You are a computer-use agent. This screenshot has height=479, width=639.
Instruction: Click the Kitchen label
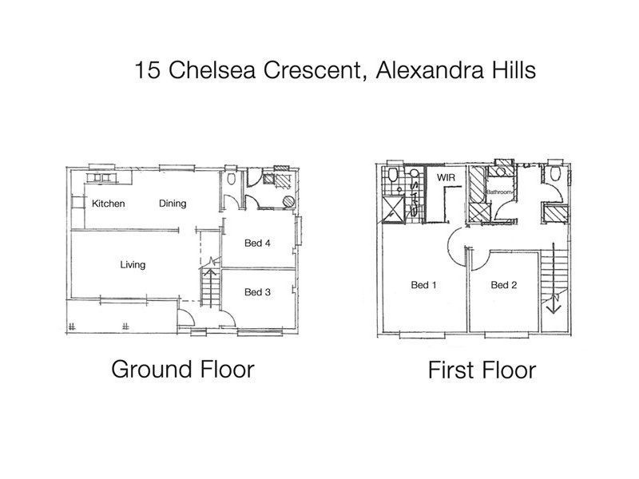[x=108, y=204]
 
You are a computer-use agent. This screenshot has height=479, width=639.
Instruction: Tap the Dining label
[x=172, y=204]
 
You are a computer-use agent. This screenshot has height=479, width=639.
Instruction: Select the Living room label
[x=133, y=265]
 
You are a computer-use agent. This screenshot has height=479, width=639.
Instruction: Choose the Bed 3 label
[x=258, y=292]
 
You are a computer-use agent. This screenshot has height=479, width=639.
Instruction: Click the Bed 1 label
[x=423, y=285]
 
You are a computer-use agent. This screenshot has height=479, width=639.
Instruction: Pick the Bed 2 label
[x=504, y=285]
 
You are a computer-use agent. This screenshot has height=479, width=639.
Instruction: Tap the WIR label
[x=444, y=176]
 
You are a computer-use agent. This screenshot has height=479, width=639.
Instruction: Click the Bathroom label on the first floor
[x=501, y=192]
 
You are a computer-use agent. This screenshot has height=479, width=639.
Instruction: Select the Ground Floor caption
[x=182, y=370]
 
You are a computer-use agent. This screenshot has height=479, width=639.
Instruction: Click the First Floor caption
[x=481, y=370]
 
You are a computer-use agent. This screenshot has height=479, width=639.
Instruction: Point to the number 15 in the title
[x=147, y=70]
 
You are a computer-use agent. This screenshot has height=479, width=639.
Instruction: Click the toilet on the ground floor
[x=231, y=180]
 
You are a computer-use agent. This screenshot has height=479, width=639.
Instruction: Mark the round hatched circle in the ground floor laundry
[x=287, y=200]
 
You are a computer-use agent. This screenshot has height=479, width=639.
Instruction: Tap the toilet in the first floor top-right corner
[x=554, y=175]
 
